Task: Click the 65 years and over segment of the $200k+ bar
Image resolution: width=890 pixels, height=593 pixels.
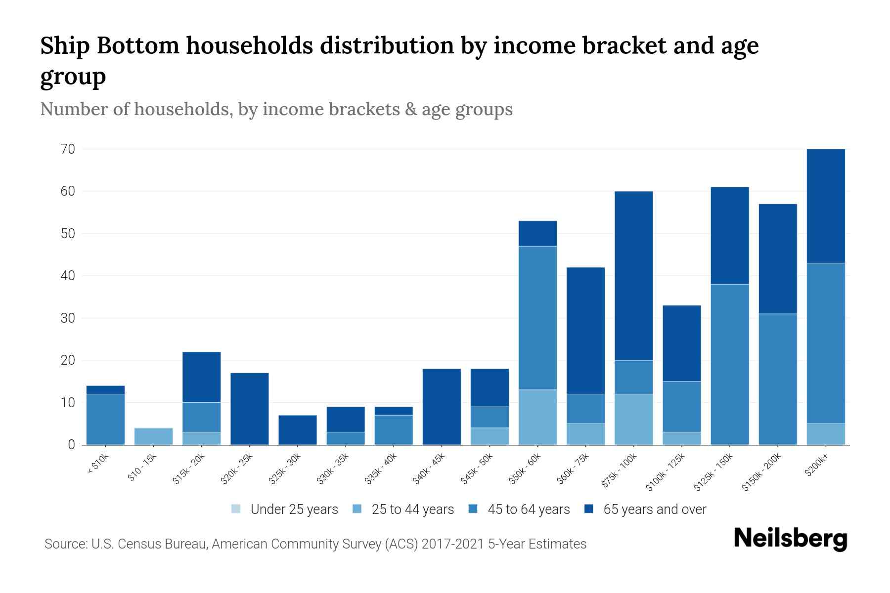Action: coord(825,206)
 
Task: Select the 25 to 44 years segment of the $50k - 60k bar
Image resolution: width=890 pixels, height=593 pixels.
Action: coord(537,417)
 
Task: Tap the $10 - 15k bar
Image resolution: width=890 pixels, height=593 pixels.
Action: coord(153,436)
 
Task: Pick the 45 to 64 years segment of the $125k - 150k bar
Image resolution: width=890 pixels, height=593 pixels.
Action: coord(729,364)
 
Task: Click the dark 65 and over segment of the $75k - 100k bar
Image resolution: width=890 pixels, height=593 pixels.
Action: coord(633,276)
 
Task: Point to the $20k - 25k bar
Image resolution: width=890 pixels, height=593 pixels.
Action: coord(249,409)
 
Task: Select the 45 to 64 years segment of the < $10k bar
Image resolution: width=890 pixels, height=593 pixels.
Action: coord(105,419)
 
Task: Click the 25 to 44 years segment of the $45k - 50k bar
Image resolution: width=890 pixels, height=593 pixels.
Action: coord(489,436)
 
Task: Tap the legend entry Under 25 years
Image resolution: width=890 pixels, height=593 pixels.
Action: coord(294,509)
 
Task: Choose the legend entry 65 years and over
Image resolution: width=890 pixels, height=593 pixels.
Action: coord(654,509)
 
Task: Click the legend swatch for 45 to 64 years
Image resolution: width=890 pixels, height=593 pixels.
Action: coord(473,509)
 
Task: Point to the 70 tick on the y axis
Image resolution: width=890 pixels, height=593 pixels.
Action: coord(68,149)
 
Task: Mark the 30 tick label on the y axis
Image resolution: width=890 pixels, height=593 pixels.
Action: coord(68,318)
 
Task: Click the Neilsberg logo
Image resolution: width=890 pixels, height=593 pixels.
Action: coord(790,539)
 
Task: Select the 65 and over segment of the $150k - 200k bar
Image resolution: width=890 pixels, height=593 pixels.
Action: coord(777,259)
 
